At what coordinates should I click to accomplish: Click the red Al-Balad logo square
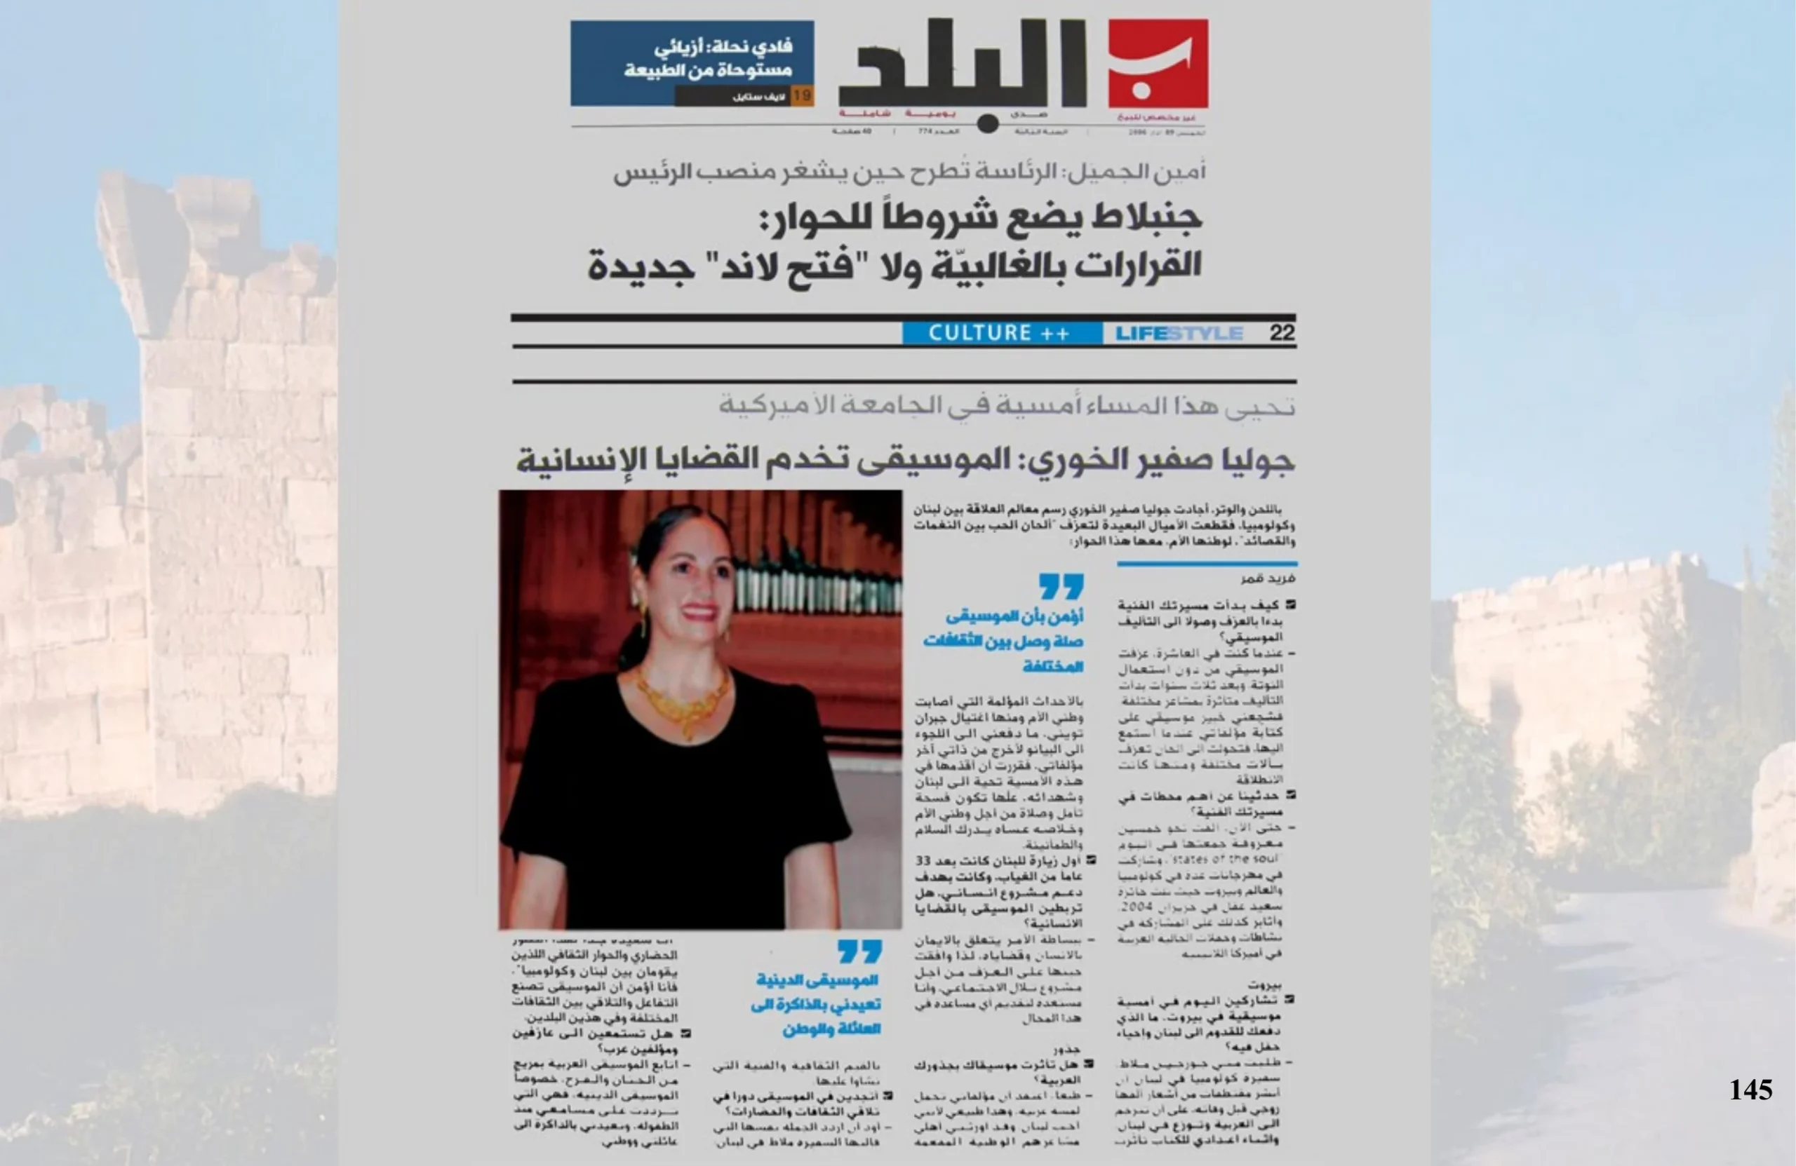point(1158,64)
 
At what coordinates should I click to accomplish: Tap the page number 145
point(1750,1090)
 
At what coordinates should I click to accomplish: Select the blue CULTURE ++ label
point(999,332)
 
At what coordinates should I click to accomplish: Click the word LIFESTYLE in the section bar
point(1179,333)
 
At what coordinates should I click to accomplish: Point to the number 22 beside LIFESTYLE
point(1282,332)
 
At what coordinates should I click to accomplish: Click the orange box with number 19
point(801,96)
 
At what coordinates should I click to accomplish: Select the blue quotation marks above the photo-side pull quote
point(1061,586)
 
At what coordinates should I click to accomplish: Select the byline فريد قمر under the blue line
point(1268,578)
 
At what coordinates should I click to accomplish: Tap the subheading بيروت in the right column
point(1265,984)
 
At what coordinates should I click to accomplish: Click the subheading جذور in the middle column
point(1068,1048)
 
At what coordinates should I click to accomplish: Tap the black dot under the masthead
point(987,124)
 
